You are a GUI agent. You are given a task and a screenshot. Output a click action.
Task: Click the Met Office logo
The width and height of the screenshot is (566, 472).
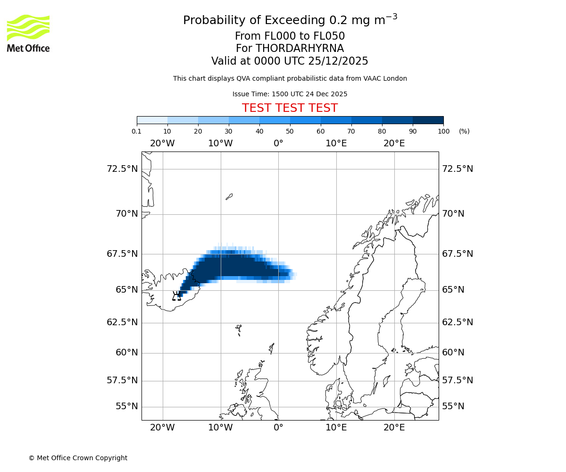28,33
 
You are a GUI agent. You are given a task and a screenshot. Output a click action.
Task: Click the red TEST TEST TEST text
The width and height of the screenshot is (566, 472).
290,108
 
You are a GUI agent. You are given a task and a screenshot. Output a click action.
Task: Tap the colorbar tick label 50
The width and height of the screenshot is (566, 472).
290,131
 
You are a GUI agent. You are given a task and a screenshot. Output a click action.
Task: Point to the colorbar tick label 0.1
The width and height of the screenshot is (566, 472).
137,131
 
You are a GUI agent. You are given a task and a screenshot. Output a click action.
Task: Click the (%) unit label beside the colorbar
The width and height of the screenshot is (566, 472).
464,131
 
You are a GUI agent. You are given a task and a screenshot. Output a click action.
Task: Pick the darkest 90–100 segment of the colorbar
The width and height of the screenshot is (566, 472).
428,120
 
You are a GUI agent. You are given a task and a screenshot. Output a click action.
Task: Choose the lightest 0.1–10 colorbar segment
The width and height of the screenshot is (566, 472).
152,120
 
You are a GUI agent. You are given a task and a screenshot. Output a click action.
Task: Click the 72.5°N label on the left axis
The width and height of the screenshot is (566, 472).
122,169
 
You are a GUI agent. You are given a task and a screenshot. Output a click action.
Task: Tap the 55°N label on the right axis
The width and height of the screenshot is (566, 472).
453,406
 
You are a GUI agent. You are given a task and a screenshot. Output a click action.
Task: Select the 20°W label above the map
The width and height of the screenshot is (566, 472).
162,143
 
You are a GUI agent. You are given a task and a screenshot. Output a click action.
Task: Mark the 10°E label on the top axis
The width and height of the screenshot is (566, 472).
336,143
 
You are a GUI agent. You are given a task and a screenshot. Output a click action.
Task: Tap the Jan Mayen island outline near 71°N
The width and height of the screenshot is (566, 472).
229,196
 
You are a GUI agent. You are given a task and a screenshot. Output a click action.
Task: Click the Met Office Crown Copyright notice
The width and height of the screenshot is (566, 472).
78,458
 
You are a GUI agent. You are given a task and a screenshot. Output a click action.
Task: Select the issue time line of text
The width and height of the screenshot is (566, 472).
290,94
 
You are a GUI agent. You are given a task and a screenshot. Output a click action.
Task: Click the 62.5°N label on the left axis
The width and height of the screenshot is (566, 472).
122,322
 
